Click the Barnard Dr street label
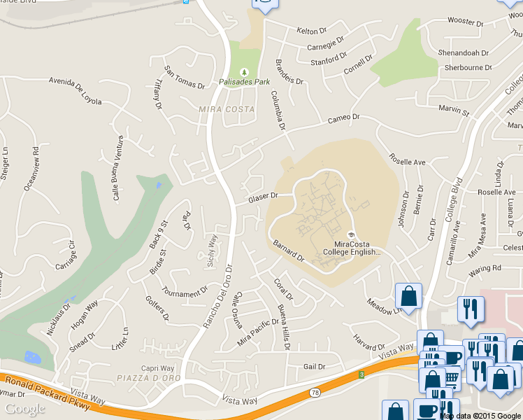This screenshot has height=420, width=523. (x=289, y=250)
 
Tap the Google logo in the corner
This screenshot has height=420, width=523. (x=24, y=409)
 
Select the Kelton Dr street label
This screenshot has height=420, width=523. (x=312, y=31)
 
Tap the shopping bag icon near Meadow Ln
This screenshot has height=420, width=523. (x=408, y=296)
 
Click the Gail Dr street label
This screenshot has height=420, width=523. (x=315, y=367)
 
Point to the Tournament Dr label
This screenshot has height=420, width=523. (x=185, y=290)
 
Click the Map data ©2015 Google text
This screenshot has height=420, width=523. (x=481, y=416)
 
